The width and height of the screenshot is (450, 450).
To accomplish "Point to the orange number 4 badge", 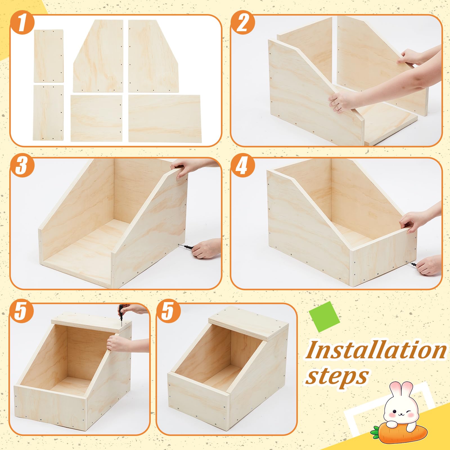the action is coord(242,166).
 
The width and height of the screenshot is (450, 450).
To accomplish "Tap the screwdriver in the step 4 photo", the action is coord(411,264).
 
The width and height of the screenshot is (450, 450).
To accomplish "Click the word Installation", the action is coord(376,350).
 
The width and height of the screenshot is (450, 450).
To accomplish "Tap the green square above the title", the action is coord(324,317).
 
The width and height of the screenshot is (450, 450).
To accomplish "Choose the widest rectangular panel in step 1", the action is coord(164,118).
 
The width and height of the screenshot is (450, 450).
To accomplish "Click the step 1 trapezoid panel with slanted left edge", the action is coord(98,56).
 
